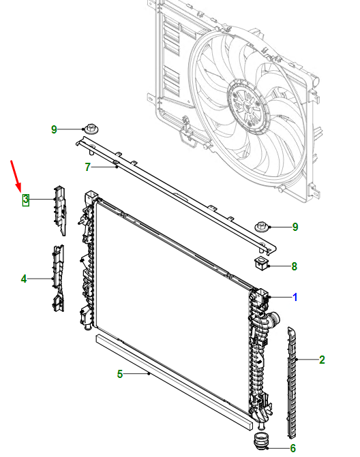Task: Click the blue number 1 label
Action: click(295, 297)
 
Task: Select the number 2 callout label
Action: click(322, 359)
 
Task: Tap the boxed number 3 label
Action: click(25, 200)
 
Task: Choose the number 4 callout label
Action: click(24, 279)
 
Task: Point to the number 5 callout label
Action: click(120, 373)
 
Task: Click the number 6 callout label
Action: click(293, 448)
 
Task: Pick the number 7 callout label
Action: click(87, 167)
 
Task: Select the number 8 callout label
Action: click(295, 266)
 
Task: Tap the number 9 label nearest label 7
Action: click(55, 129)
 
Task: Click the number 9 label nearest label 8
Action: click(295, 227)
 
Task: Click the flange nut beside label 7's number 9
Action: click(91, 129)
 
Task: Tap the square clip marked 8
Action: click(260, 263)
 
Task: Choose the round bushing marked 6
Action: click(262, 441)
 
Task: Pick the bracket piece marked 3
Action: click(59, 207)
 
